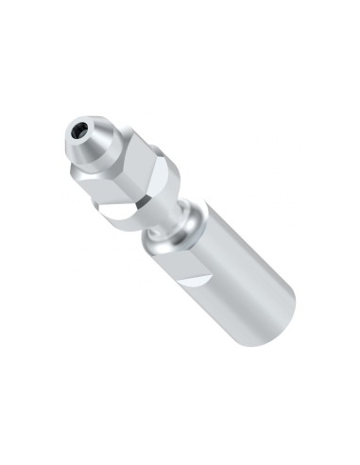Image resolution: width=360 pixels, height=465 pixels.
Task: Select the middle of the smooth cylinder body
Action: pos(231,284)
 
